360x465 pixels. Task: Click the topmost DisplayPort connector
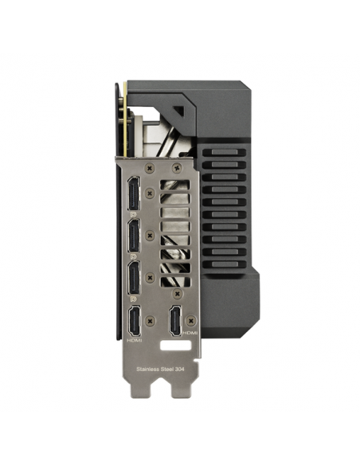point(134,193)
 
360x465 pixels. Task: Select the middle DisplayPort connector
point(134,236)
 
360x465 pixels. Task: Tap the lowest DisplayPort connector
point(134,277)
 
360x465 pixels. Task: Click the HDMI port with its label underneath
point(135,322)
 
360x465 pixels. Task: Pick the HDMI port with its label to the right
point(175,322)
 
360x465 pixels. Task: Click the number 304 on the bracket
point(180,369)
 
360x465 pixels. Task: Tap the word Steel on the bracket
point(167,369)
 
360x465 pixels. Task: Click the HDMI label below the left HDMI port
point(135,341)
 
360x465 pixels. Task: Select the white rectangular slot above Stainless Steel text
point(175,346)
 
